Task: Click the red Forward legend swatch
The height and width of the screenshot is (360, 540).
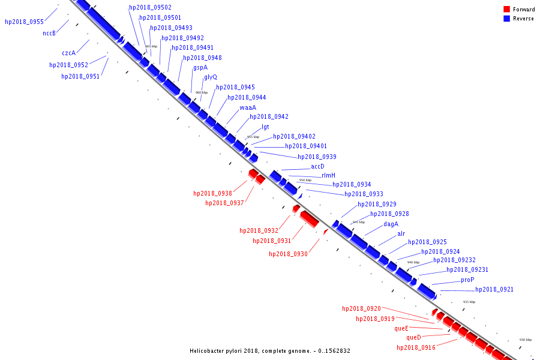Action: (506, 10)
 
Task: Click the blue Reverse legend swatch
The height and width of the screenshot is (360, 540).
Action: (506, 19)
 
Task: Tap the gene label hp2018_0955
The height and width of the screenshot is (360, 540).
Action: (24, 22)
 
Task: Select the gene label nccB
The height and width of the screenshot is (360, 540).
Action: (49, 33)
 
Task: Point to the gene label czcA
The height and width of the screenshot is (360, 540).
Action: (69, 53)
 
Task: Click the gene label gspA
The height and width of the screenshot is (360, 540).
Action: (200, 68)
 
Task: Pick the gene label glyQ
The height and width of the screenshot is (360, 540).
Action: (211, 77)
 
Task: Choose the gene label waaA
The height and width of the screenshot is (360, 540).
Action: (248, 107)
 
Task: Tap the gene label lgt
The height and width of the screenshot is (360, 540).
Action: (265, 127)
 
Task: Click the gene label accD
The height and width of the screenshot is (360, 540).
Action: (317, 166)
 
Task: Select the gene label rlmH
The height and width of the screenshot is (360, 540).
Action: (329, 175)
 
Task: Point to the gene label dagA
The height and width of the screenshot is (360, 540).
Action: (391, 224)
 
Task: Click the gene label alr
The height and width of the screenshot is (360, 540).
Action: (401, 233)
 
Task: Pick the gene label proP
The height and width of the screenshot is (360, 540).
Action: (467, 280)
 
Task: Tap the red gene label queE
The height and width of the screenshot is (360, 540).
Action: (401, 328)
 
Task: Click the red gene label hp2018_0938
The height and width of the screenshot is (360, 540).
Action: (212, 193)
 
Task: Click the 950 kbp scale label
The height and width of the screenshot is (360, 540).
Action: (305, 180)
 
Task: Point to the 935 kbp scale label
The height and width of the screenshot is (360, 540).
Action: (469, 302)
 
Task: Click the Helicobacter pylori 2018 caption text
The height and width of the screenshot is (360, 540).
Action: (269, 351)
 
